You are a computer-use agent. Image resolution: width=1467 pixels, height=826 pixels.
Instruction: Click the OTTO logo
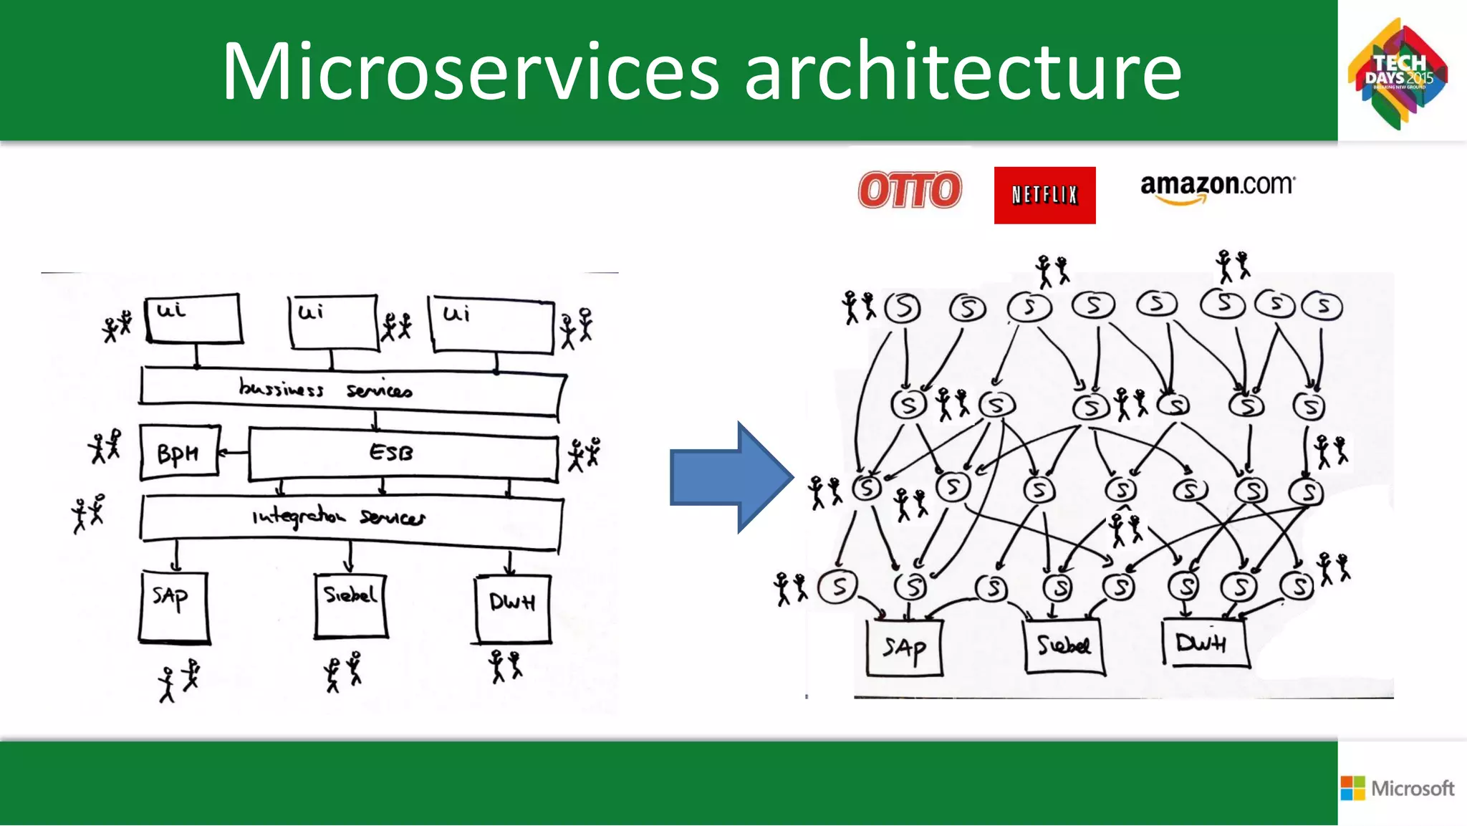pyautogui.click(x=910, y=190)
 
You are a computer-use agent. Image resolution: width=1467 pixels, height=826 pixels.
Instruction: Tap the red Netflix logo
pyautogui.click(x=1044, y=195)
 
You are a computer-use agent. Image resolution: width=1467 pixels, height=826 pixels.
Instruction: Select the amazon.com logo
pyautogui.click(x=1217, y=188)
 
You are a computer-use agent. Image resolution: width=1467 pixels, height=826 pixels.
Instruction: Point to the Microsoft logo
pyautogui.click(x=1398, y=788)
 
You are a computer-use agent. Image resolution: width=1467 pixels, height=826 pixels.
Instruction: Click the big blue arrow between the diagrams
pyautogui.click(x=731, y=477)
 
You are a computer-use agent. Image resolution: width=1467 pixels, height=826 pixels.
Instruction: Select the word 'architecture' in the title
pyautogui.click(x=963, y=72)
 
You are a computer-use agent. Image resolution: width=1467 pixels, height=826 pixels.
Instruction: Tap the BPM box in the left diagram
pyautogui.click(x=179, y=453)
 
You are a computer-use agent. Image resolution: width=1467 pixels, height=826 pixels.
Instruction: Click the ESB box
pyautogui.click(x=403, y=453)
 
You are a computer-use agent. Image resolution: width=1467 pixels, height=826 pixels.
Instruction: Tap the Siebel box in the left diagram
pyautogui.click(x=350, y=605)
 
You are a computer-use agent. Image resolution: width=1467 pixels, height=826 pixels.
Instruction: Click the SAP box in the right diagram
pyautogui.click(x=904, y=648)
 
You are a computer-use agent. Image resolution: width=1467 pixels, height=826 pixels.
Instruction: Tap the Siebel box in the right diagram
pyautogui.click(x=1064, y=647)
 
